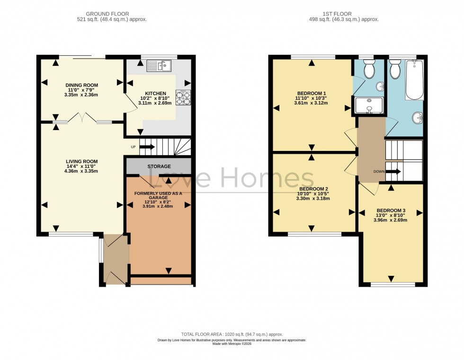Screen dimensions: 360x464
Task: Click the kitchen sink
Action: tap(159, 65)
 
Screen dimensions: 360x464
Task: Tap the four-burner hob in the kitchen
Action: tap(183, 97)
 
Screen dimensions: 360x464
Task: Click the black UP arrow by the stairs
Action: tap(147, 147)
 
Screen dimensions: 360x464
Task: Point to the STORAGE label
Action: tap(159, 167)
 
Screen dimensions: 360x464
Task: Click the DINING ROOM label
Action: tap(81, 85)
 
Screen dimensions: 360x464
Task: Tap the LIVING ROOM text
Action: tap(81, 161)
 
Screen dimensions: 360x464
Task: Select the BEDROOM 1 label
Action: tap(311, 93)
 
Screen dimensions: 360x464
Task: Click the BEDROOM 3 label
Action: tap(391, 211)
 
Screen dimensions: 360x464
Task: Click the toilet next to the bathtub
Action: tap(395, 70)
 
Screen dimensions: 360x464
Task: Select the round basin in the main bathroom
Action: tap(417, 117)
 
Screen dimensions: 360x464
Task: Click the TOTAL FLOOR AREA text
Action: tap(232, 334)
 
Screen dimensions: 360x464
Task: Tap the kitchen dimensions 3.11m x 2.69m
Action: tap(154, 103)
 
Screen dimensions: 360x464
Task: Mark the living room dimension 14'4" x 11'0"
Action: tap(81, 166)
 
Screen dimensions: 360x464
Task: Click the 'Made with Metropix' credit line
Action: tap(232, 344)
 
